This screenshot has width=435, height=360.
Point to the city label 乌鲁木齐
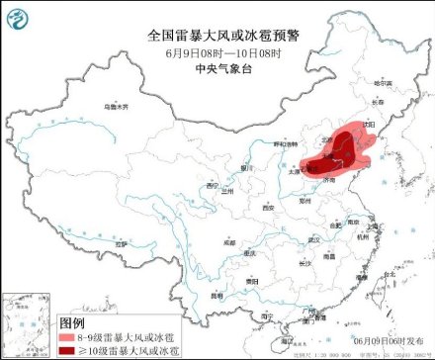[117, 105]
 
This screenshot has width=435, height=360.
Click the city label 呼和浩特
[286, 144]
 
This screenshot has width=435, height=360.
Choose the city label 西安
[267, 209]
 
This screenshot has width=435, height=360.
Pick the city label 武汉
[313, 239]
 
